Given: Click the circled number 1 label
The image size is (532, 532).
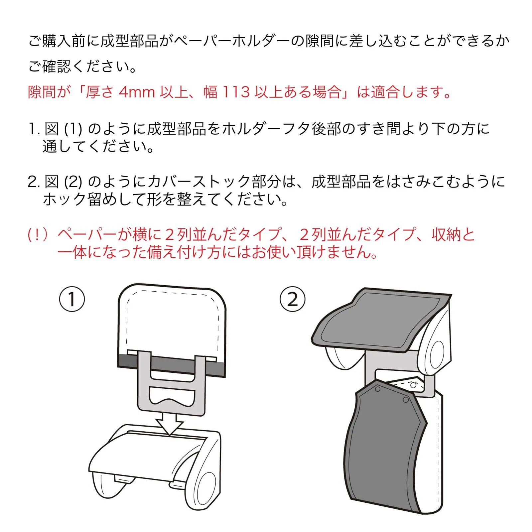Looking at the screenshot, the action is point(72,299).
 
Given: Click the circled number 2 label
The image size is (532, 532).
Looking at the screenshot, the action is point(293,299).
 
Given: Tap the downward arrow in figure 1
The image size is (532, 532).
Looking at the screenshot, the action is point(170,424).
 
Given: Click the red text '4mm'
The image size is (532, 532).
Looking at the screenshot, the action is point(137,92).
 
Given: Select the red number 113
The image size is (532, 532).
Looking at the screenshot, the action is point(236,92).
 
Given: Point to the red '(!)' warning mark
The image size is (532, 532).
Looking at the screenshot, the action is point(38,235).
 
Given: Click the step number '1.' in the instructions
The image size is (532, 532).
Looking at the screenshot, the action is point(34,129).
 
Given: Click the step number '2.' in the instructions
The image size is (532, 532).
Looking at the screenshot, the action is point(34,182).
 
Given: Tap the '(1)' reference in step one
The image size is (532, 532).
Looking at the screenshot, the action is point(73,129).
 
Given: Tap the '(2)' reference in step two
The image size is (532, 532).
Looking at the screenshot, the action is point(73,182).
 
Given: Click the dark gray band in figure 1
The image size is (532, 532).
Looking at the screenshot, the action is point(172,366).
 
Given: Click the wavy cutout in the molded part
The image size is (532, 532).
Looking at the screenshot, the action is point(172,396).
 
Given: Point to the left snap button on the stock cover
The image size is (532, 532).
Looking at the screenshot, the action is point(377,389).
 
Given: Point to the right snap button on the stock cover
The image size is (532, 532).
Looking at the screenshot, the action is point(406,399).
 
